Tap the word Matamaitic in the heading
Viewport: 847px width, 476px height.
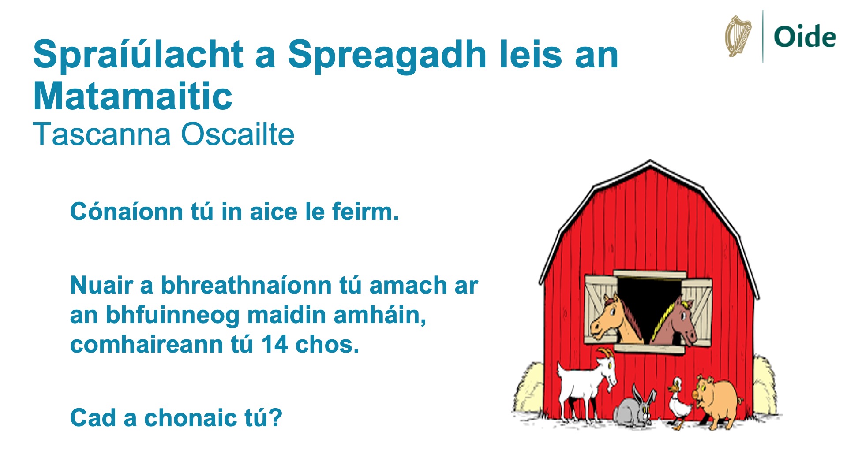pos(133,96)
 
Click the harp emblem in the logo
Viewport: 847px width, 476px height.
pos(738,37)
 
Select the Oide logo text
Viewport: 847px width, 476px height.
pos(805,37)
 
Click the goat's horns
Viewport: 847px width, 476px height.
pos(607,353)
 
